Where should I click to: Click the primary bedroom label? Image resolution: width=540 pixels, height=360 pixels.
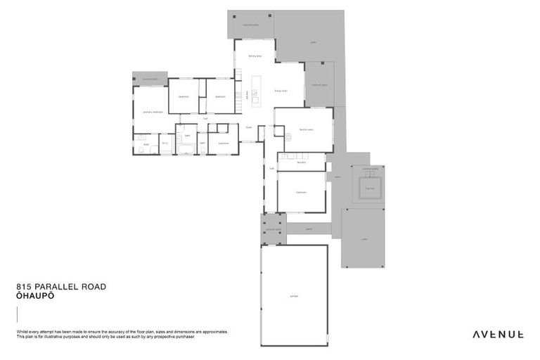pos(153,111)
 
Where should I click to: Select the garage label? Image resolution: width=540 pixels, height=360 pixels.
pos(294,296)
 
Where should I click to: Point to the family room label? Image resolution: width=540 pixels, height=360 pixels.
pos(305,130)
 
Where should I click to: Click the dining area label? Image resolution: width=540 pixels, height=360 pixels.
pos(255,56)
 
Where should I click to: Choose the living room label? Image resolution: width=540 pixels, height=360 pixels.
pos(280,91)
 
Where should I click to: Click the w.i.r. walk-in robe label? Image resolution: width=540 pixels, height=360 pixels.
pos(165,143)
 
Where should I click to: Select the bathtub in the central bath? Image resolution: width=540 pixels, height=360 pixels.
pos(187,148)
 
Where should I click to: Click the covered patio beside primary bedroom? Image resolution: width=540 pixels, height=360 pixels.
pos(150,78)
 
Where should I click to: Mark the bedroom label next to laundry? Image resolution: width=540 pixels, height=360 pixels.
pos(300,191)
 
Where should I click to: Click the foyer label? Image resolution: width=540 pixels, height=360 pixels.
pos(249,127)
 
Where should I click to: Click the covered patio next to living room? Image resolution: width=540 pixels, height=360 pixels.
pos(319,84)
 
